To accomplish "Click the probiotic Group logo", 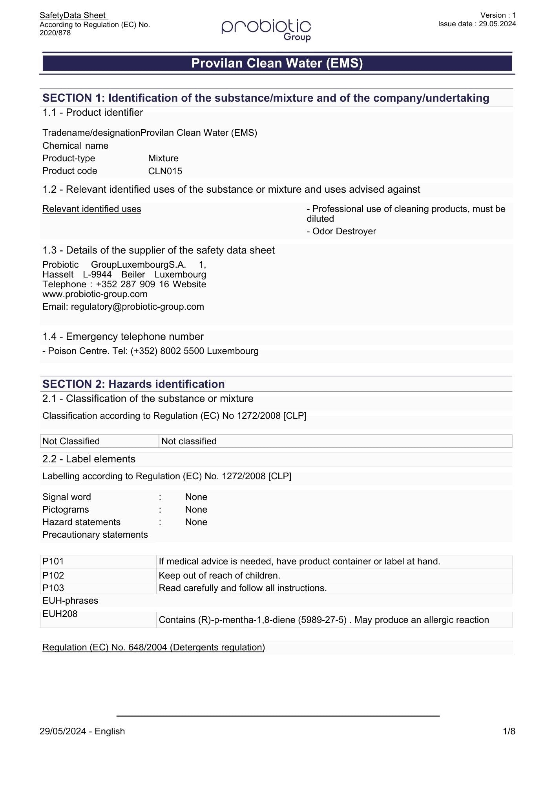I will pyautogui.click(x=266, y=29).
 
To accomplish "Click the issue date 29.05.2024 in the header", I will pyautogui.click(x=497, y=24).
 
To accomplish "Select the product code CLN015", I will pyautogui.click(x=165, y=171).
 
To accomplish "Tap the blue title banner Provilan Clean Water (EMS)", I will pyautogui.click(x=277, y=63).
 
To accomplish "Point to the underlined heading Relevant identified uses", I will pyautogui.click(x=91, y=209).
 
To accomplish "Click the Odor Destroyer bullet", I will pyautogui.click(x=341, y=231).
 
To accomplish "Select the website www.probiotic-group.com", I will pyautogui.click(x=95, y=294).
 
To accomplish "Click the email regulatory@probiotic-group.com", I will pyautogui.click(x=137, y=307).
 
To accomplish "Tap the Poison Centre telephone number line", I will pyautogui.click(x=150, y=351).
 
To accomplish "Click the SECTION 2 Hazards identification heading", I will pyautogui.click(x=133, y=384).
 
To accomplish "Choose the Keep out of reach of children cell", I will pyautogui.click(x=219, y=575).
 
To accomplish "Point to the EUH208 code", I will pyautogui.click(x=60, y=614).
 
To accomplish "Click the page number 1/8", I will pyautogui.click(x=509, y=731).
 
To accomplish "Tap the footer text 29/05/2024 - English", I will pyautogui.click(x=82, y=731).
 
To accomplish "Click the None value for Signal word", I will pyautogui.click(x=196, y=497).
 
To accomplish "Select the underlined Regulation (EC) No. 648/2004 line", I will pyautogui.click(x=153, y=647).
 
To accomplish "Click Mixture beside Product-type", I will pyautogui.click(x=163, y=158).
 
